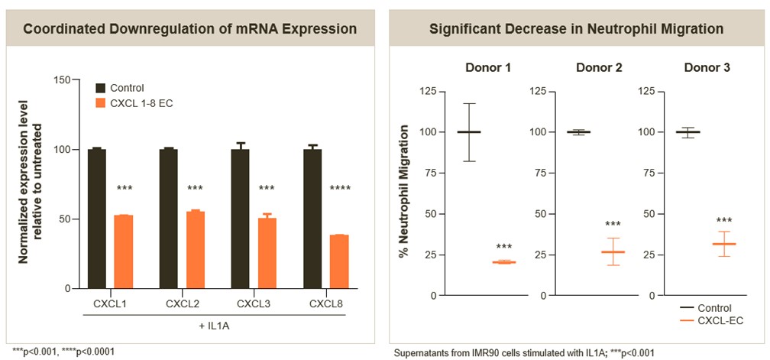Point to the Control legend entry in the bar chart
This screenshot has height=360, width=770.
126,88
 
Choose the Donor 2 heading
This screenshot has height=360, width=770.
598,68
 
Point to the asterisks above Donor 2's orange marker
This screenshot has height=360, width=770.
613,225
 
